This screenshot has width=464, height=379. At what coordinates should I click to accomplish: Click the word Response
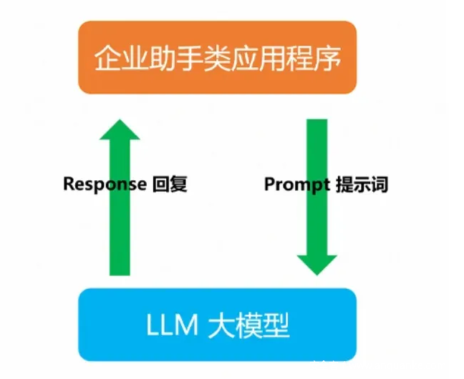pos(105,184)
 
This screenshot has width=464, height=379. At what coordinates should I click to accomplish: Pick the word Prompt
pos(296,184)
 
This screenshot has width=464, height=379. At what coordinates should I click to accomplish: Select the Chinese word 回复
pos(170,184)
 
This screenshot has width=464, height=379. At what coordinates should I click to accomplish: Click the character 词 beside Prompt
pos(380,184)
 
